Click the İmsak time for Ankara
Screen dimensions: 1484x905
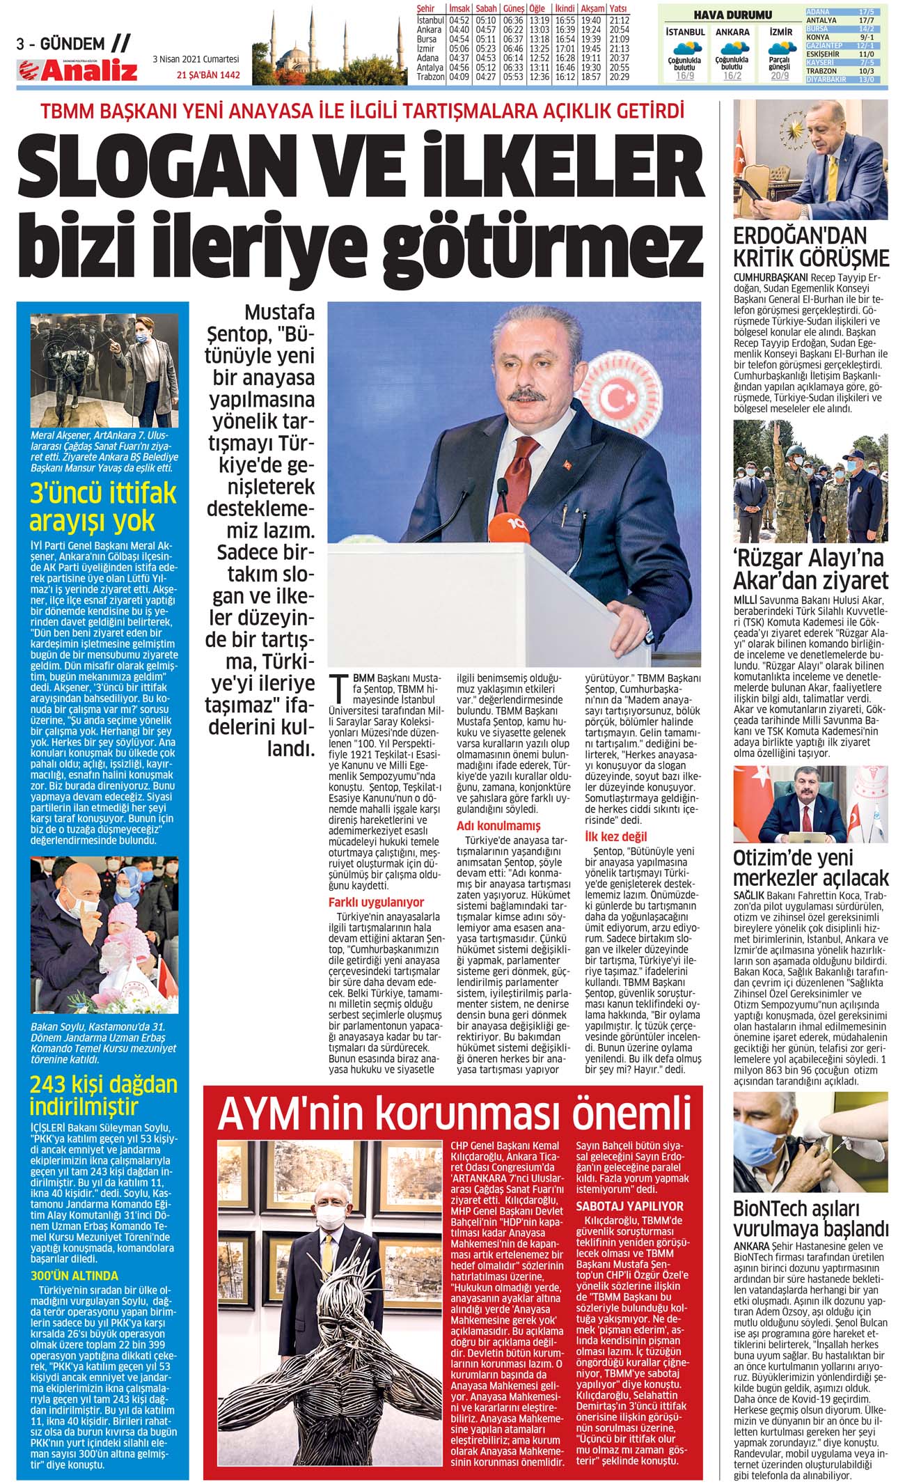[x=459, y=30]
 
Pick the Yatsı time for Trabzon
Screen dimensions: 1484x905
[x=618, y=77]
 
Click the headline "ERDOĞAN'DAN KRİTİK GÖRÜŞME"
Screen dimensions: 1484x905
[x=811, y=247]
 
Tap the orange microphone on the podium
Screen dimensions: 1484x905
[x=512, y=523]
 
